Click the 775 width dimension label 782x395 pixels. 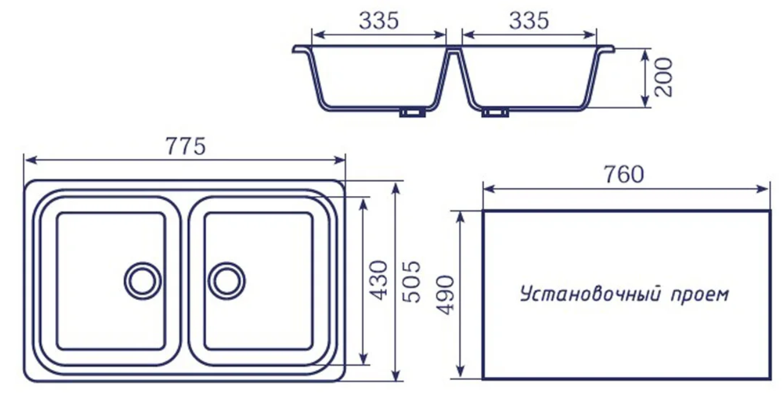tap(186, 146)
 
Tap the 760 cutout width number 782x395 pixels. tap(624, 174)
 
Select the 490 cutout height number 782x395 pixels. tap(446, 295)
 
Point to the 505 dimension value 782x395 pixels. tap(411, 281)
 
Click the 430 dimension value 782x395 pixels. tap(378, 280)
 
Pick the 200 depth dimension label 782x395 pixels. tap(663, 78)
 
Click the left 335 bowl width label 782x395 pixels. tap(379, 20)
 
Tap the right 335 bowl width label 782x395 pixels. tap(529, 20)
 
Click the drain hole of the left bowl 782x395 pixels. tap(143, 281)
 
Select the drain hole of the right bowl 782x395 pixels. tap(226, 281)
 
